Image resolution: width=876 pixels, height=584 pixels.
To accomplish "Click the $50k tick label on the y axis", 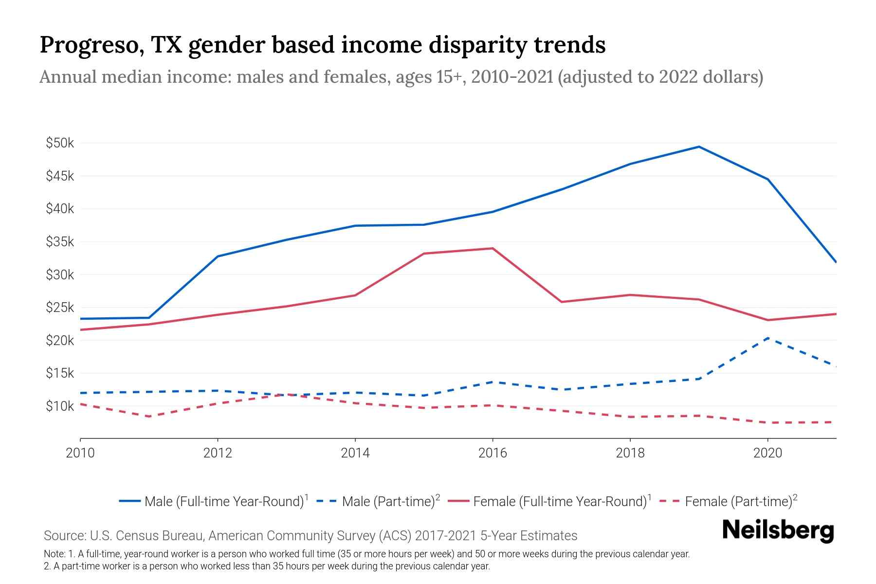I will pyautogui.click(x=60, y=143).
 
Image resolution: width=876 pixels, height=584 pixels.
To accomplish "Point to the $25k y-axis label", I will pyautogui.click(x=60, y=308).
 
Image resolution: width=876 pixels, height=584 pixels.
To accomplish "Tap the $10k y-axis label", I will pyautogui.click(x=60, y=406).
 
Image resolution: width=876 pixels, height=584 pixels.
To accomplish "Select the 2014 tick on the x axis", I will pyautogui.click(x=355, y=453).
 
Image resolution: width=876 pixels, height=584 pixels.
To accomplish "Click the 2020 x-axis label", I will pyautogui.click(x=767, y=453).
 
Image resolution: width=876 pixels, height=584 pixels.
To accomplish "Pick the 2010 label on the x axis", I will pyautogui.click(x=80, y=453).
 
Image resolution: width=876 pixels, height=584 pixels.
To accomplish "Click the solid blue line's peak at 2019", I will pyautogui.click(x=699, y=146).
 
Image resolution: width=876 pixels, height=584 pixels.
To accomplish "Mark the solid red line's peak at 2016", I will pyautogui.click(x=493, y=249).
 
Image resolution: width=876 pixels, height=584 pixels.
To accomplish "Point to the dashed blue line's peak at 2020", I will pyautogui.click(x=767, y=338).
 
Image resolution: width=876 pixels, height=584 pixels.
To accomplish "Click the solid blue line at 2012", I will pyautogui.click(x=218, y=256).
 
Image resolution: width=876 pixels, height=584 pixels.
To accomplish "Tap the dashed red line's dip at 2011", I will pyautogui.click(x=149, y=417).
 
